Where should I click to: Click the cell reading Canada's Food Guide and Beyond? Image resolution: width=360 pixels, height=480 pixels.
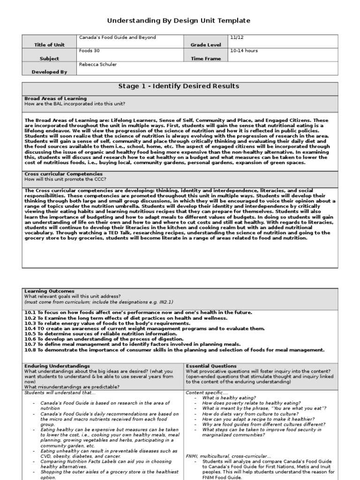[x=117, y=37]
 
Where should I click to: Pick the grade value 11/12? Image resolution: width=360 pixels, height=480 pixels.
[x=236, y=37]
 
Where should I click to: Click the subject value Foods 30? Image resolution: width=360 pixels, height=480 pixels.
[x=90, y=51]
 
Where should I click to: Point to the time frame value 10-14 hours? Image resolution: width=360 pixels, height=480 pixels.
[x=244, y=51]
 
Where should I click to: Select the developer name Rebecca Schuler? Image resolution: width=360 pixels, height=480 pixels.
[x=98, y=64]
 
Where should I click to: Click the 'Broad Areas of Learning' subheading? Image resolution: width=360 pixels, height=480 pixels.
[x=55, y=98]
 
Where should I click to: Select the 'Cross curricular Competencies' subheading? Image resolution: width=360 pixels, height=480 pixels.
[x=63, y=174]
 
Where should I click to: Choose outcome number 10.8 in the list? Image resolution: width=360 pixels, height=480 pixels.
[x=30, y=350]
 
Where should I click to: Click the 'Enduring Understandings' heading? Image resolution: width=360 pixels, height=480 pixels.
[x=57, y=366]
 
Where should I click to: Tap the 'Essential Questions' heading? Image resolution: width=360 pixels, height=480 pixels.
[x=211, y=366]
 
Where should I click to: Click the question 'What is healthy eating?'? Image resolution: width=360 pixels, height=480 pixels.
[x=229, y=397]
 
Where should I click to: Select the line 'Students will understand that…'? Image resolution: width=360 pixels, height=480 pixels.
[x=60, y=392]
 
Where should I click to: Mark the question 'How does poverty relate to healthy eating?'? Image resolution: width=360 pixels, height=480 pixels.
[x=251, y=403]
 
